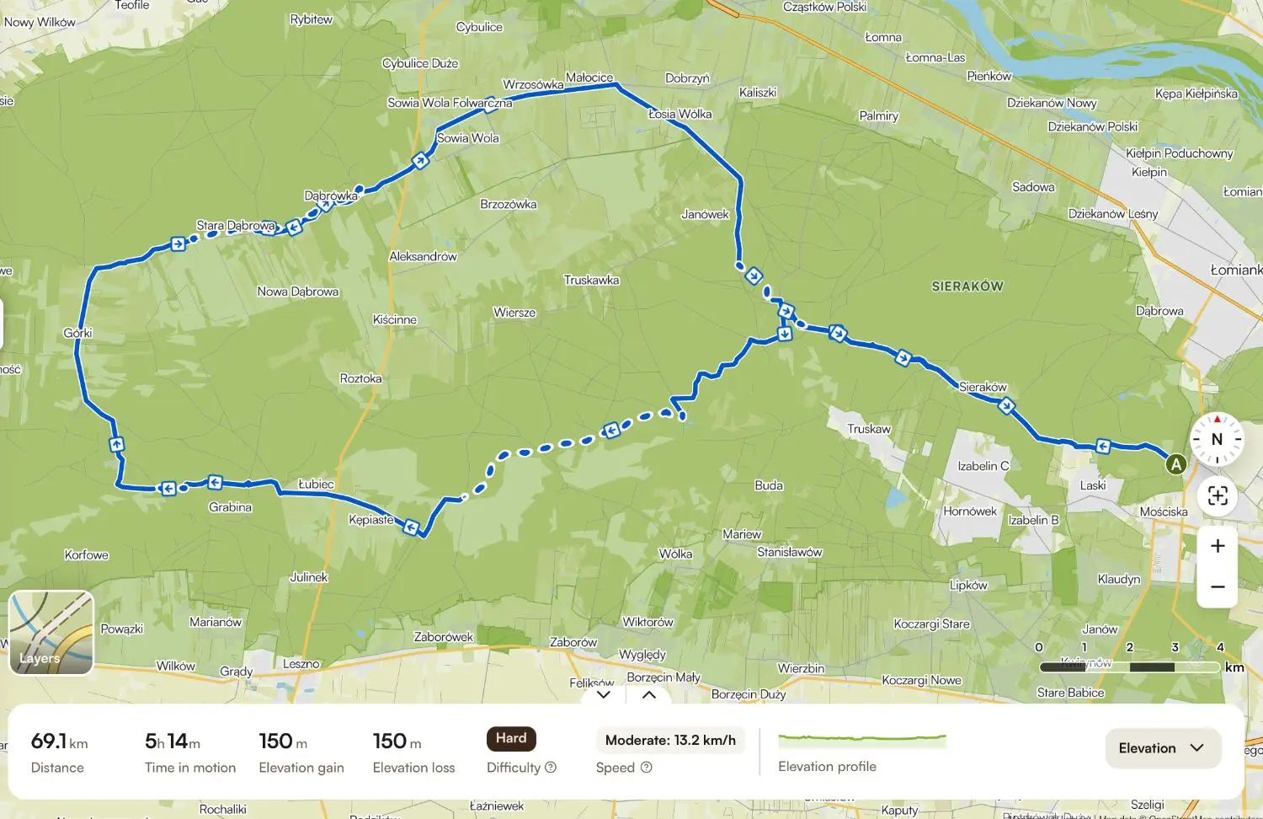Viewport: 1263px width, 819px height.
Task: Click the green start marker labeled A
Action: point(1176,463)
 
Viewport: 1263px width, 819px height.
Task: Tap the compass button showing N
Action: point(1217,439)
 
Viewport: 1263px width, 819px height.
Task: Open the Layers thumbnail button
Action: point(51,633)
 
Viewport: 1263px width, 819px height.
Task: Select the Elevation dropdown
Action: point(1162,748)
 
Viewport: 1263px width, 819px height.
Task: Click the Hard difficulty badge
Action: point(511,738)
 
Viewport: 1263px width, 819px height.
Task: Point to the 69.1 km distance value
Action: point(59,741)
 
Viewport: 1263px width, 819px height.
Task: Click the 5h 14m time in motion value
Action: point(173,741)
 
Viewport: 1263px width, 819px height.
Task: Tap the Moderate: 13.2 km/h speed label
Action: point(670,740)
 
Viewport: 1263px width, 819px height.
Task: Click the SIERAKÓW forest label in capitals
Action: point(967,286)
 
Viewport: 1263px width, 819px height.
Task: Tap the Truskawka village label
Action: point(591,280)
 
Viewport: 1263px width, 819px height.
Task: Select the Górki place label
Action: point(77,333)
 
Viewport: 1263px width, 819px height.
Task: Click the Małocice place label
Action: point(589,78)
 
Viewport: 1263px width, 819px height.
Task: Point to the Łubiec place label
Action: point(316,484)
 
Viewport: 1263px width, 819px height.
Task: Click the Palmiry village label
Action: point(878,115)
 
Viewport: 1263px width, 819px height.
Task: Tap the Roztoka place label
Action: point(360,378)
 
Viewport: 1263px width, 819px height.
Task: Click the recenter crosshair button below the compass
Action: point(1218,495)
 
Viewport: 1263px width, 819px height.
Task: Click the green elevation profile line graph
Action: point(861,741)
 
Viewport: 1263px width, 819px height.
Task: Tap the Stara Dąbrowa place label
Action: point(235,225)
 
